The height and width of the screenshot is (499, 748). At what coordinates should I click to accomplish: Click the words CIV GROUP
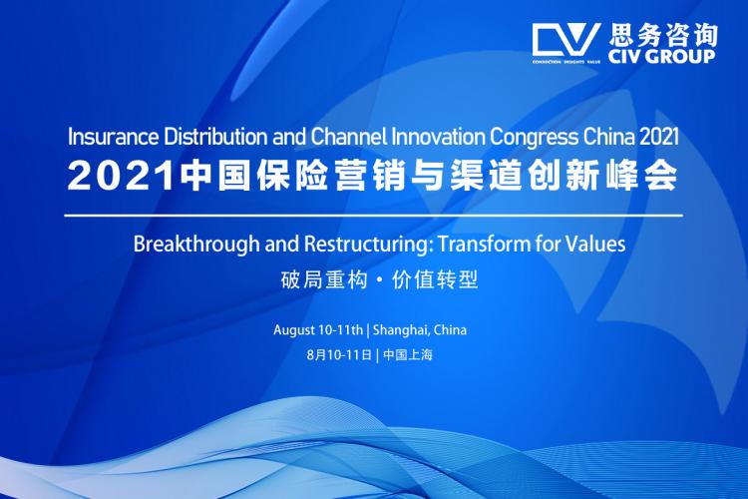659,56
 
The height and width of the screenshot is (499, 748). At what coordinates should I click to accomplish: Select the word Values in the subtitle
582,244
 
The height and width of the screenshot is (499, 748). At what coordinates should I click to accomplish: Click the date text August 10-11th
318,329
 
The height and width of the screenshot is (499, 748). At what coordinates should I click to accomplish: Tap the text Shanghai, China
420,329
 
